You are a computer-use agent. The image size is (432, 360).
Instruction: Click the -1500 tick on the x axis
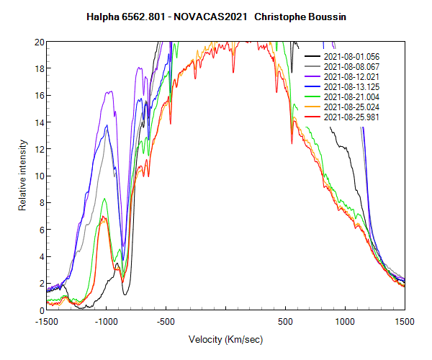[x=47, y=321]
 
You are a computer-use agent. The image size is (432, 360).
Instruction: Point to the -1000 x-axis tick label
[x=107, y=321]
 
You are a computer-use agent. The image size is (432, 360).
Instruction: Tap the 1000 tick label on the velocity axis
[x=345, y=321]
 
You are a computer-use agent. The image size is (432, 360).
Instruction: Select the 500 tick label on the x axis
[x=285, y=321]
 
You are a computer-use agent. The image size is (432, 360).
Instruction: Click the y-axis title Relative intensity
[x=22, y=176]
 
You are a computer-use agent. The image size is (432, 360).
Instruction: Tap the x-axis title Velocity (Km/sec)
[x=225, y=339]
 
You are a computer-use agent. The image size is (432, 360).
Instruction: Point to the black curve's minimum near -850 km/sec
[x=125, y=294]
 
